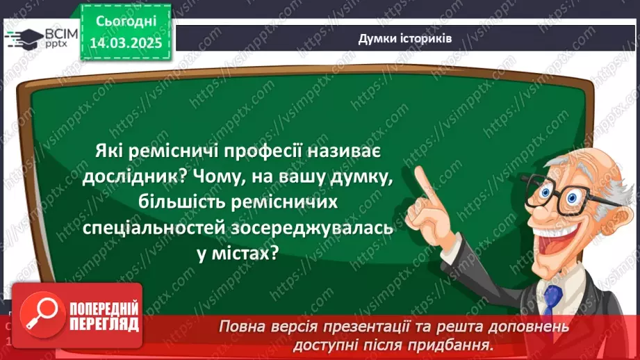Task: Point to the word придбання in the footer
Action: [x=454, y=343]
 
